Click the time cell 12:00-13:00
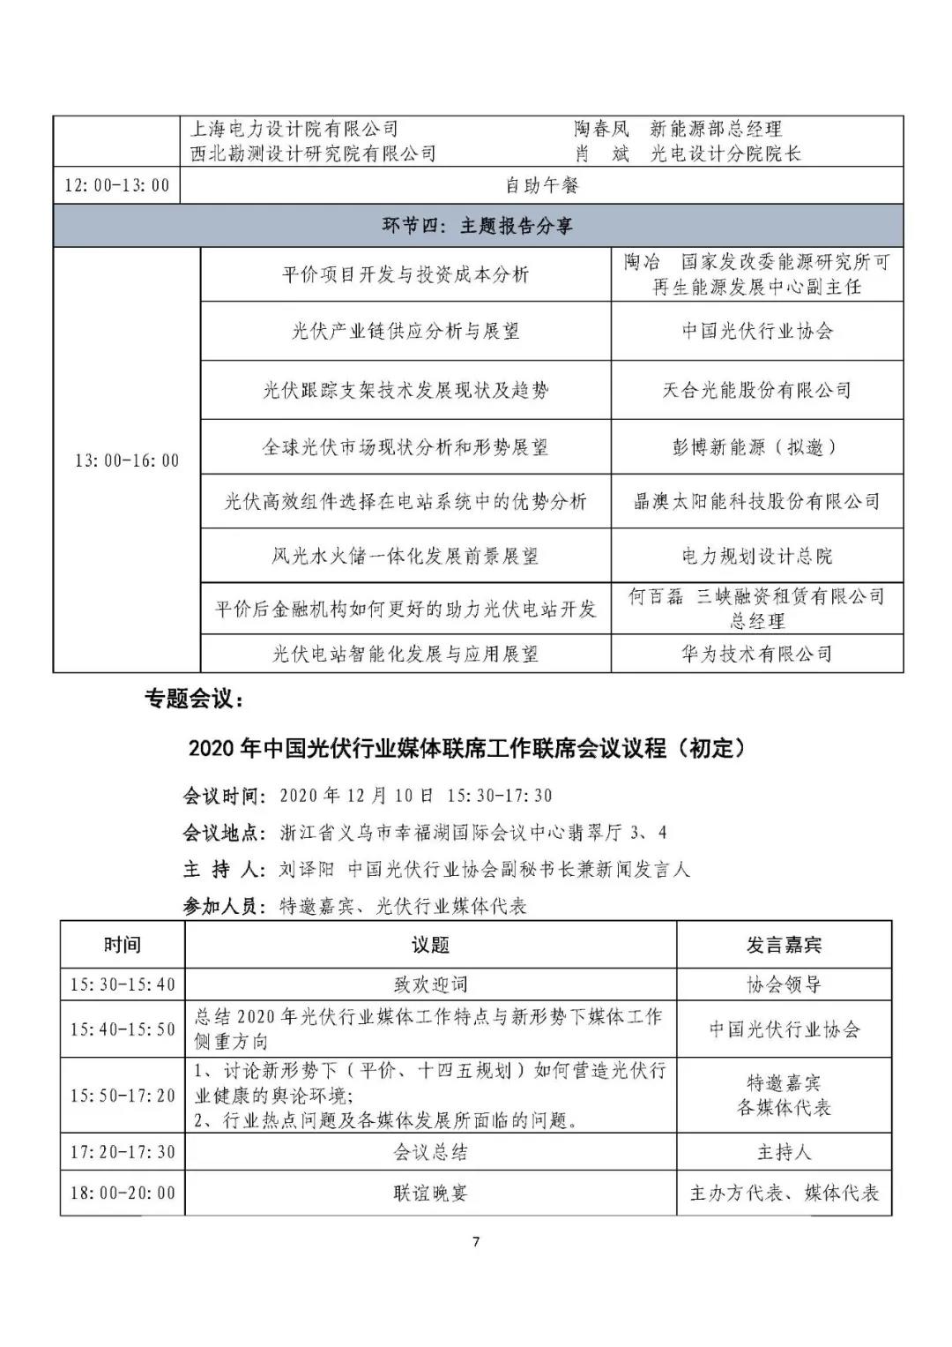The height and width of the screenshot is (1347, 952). [x=117, y=186]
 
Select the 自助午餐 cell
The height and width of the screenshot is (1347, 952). [x=541, y=186]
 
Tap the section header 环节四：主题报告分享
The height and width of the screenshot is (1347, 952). [x=477, y=226]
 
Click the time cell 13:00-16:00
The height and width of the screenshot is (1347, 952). [x=127, y=460]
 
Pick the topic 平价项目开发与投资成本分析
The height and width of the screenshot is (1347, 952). [x=405, y=274]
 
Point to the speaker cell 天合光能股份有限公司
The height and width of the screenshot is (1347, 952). [x=756, y=390]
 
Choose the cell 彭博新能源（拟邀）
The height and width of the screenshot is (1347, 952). [x=756, y=447]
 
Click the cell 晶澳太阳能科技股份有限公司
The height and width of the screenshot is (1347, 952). [x=756, y=502]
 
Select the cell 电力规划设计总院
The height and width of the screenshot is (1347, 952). [x=756, y=557]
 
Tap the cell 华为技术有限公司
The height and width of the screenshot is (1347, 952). [x=756, y=654]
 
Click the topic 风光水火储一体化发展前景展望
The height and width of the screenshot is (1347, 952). [x=405, y=557]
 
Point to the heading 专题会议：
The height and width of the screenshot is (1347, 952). [x=193, y=700]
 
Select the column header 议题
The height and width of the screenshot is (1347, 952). [x=430, y=945]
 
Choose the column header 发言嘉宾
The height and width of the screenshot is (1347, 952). [x=784, y=945]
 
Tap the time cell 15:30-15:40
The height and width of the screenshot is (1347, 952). [x=123, y=984]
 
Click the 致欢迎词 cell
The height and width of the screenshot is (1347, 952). [x=430, y=984]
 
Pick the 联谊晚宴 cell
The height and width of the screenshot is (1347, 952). [x=430, y=1194]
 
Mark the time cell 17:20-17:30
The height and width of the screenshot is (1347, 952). [x=123, y=1152]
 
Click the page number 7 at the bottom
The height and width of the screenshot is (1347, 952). [x=476, y=1242]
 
